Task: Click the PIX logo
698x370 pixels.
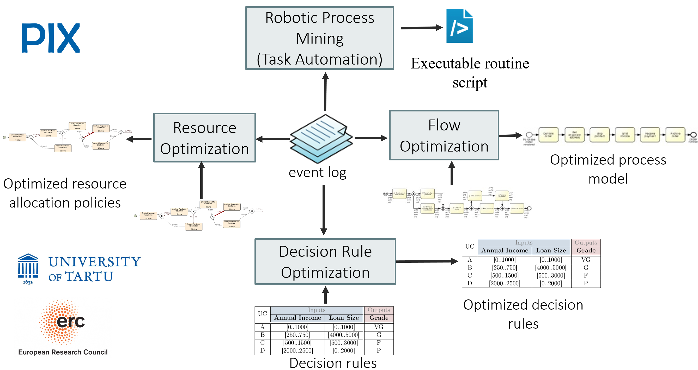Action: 51,38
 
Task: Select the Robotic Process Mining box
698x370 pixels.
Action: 319,38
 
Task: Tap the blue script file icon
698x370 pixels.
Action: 459,26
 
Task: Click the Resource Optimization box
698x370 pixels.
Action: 205,138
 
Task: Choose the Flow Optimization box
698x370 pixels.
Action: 444,135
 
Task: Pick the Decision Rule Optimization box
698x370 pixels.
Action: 325,261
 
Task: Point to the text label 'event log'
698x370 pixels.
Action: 317,172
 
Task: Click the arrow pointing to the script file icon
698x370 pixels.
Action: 421,28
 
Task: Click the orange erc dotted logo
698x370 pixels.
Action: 62,322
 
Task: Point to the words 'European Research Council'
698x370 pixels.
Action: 63,352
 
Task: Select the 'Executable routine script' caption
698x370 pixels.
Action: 470,73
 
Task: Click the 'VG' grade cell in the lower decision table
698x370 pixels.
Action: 379,327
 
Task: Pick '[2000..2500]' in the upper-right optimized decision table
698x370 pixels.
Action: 505,283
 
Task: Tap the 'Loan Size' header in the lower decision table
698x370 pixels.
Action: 344,318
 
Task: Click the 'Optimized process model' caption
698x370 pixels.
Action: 608,169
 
